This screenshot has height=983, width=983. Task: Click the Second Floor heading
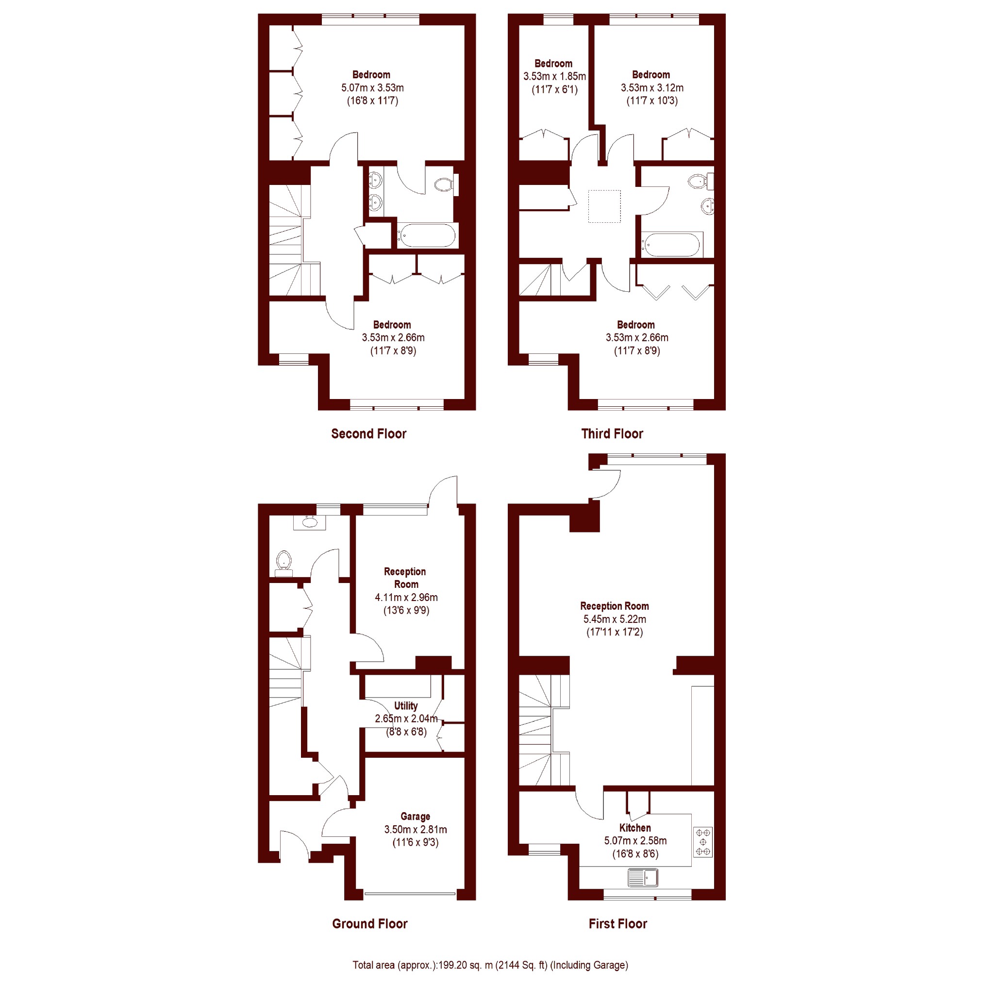368,434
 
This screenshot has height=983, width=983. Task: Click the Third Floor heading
612,434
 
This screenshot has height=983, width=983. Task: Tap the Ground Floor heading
370,924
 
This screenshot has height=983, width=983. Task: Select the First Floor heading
617,924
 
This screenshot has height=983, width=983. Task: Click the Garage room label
415,816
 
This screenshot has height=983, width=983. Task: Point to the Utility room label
405,706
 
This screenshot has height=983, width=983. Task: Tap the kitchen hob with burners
702,842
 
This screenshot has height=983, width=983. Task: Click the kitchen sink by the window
643,877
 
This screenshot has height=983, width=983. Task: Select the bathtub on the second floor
427,236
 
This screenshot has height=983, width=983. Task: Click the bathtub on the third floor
672,245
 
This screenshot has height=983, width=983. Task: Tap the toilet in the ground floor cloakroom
283,563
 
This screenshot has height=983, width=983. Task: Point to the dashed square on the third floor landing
604,206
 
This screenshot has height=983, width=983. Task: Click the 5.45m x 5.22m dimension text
615,619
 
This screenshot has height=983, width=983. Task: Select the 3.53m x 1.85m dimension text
554,77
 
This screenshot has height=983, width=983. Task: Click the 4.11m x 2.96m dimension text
406,598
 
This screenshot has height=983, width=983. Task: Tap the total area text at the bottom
490,965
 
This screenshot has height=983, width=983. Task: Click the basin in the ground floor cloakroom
309,522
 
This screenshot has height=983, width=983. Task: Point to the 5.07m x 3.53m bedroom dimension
372,87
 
